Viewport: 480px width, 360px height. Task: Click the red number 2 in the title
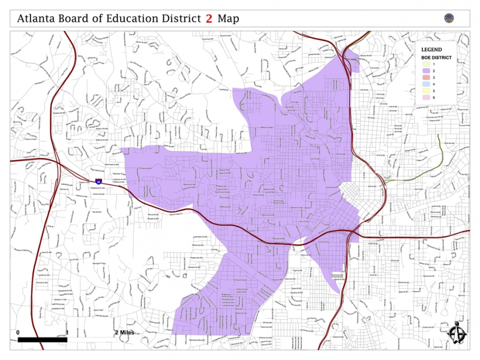pos(209,19)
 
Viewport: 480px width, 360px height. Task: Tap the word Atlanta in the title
pos(35,19)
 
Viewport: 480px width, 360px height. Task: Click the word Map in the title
pos(228,19)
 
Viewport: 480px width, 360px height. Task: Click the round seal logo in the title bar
pos(449,18)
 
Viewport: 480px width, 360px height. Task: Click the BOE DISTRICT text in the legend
pos(435,57)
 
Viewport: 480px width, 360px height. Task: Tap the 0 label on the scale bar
pos(18,332)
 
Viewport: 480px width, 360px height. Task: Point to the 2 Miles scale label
pos(124,332)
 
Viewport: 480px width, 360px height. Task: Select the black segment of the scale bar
pos(42,340)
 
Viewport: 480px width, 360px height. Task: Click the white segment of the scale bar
pos(92,340)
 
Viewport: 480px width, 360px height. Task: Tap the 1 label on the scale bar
pos(67,332)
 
